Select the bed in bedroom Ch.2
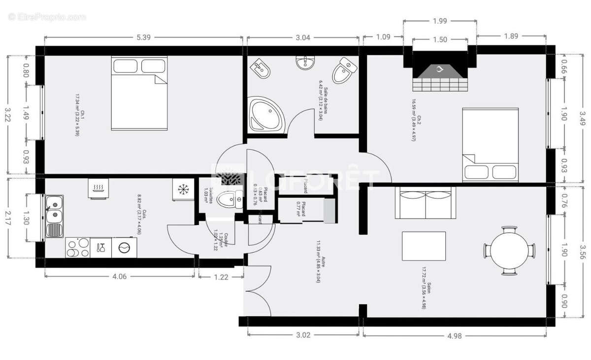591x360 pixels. (x=490, y=143)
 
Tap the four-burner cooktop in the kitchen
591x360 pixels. (x=78, y=247)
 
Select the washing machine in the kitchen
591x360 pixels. (x=125, y=247)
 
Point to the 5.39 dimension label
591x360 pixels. (x=143, y=37)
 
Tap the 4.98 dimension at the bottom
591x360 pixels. (x=455, y=336)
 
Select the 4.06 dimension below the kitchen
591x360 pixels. (x=120, y=277)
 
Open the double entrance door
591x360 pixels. (x=257, y=291)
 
